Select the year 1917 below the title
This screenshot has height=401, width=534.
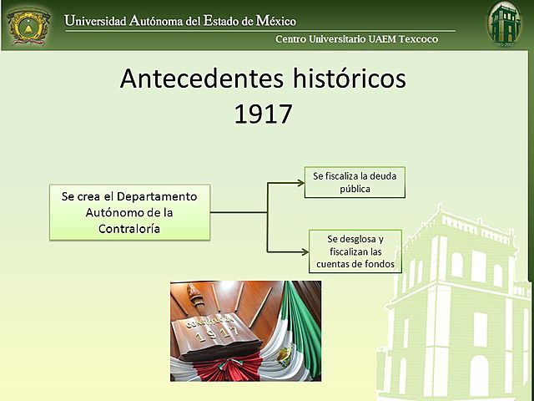coord(263,114)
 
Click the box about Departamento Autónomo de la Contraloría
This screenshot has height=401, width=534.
coord(129,212)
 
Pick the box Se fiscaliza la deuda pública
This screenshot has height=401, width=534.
coord(355,182)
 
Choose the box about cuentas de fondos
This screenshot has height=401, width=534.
coord(355,251)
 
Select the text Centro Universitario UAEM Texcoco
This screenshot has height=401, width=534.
coord(356,39)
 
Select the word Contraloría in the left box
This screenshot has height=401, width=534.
coord(129,228)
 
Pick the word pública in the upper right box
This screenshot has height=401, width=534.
coord(355,189)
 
